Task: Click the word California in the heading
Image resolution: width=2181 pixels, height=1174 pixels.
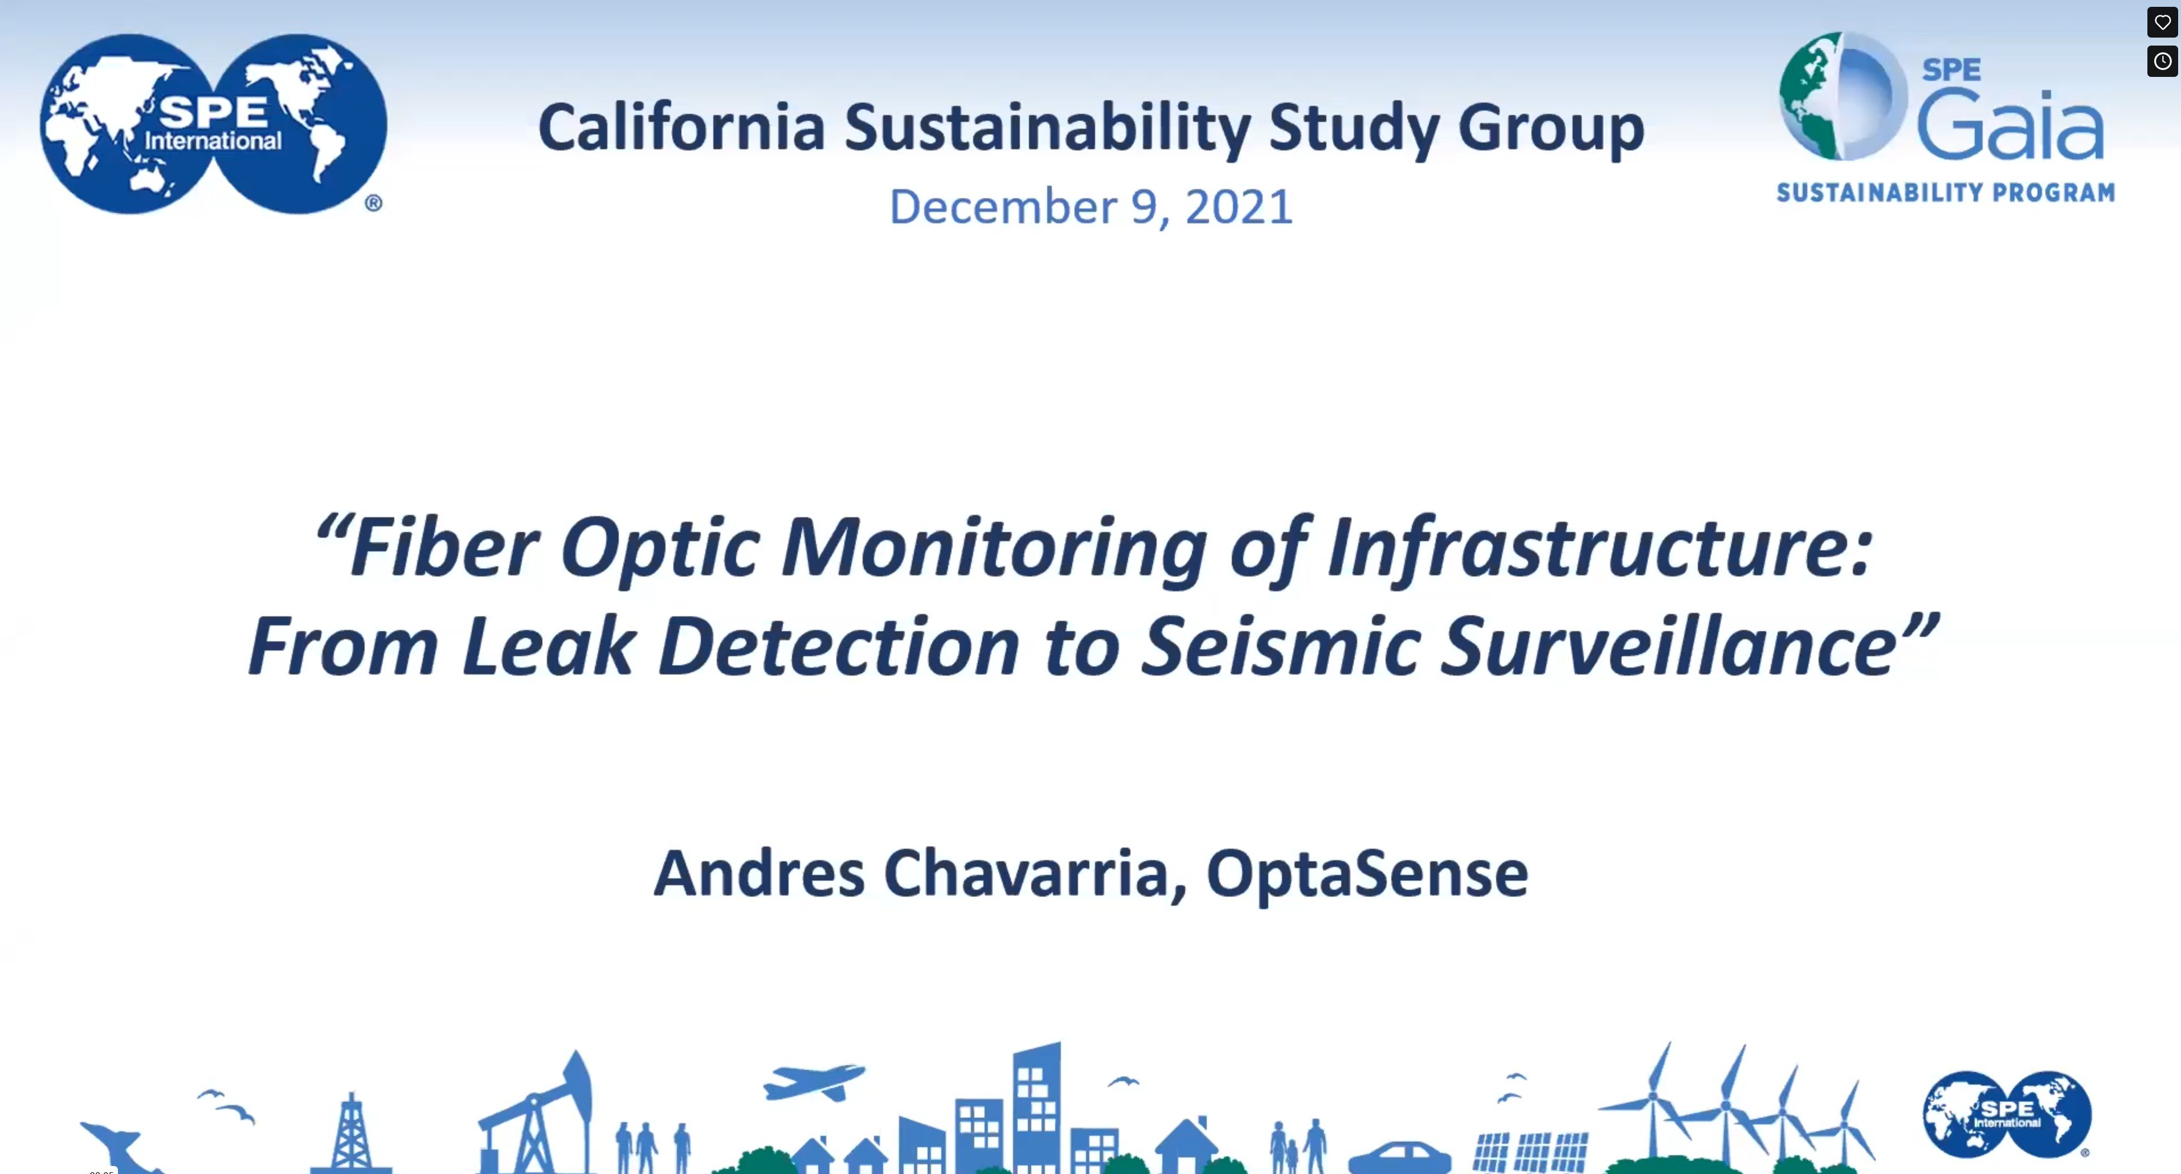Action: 681,127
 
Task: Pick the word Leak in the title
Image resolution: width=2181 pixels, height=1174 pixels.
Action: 549,647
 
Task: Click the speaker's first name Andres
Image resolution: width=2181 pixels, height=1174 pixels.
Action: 758,873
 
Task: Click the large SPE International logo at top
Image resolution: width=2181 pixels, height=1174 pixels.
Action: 213,124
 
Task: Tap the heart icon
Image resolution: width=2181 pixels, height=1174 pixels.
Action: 2162,22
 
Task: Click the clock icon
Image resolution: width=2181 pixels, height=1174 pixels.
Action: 2162,61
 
